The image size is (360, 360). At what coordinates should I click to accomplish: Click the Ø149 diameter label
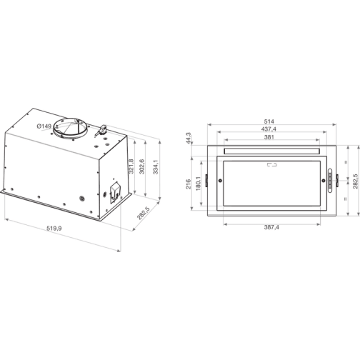[x=45, y=127]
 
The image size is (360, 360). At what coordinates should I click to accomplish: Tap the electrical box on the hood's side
[x=113, y=193]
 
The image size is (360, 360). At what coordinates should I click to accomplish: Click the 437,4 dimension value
[x=269, y=129]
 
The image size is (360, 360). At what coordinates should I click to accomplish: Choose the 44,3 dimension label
[x=189, y=138]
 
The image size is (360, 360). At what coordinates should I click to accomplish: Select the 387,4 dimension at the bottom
[x=270, y=227]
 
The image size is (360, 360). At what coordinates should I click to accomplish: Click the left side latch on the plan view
[x=206, y=181]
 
